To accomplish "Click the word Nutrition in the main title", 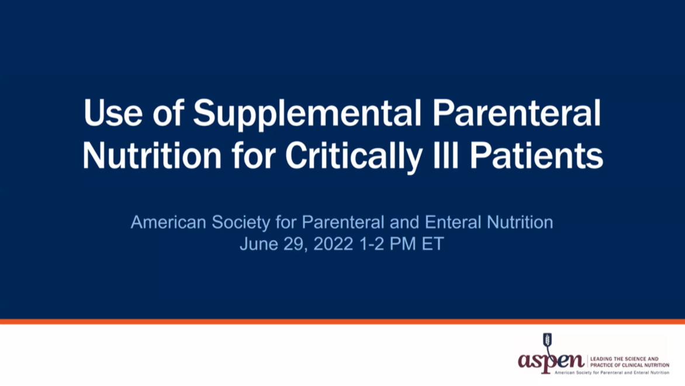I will (151, 156).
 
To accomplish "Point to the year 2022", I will (333, 244).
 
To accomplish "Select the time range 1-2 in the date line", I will (368, 244).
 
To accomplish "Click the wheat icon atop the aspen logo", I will (547, 341).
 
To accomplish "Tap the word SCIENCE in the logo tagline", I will (633, 359).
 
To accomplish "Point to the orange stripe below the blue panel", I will (342, 322).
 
